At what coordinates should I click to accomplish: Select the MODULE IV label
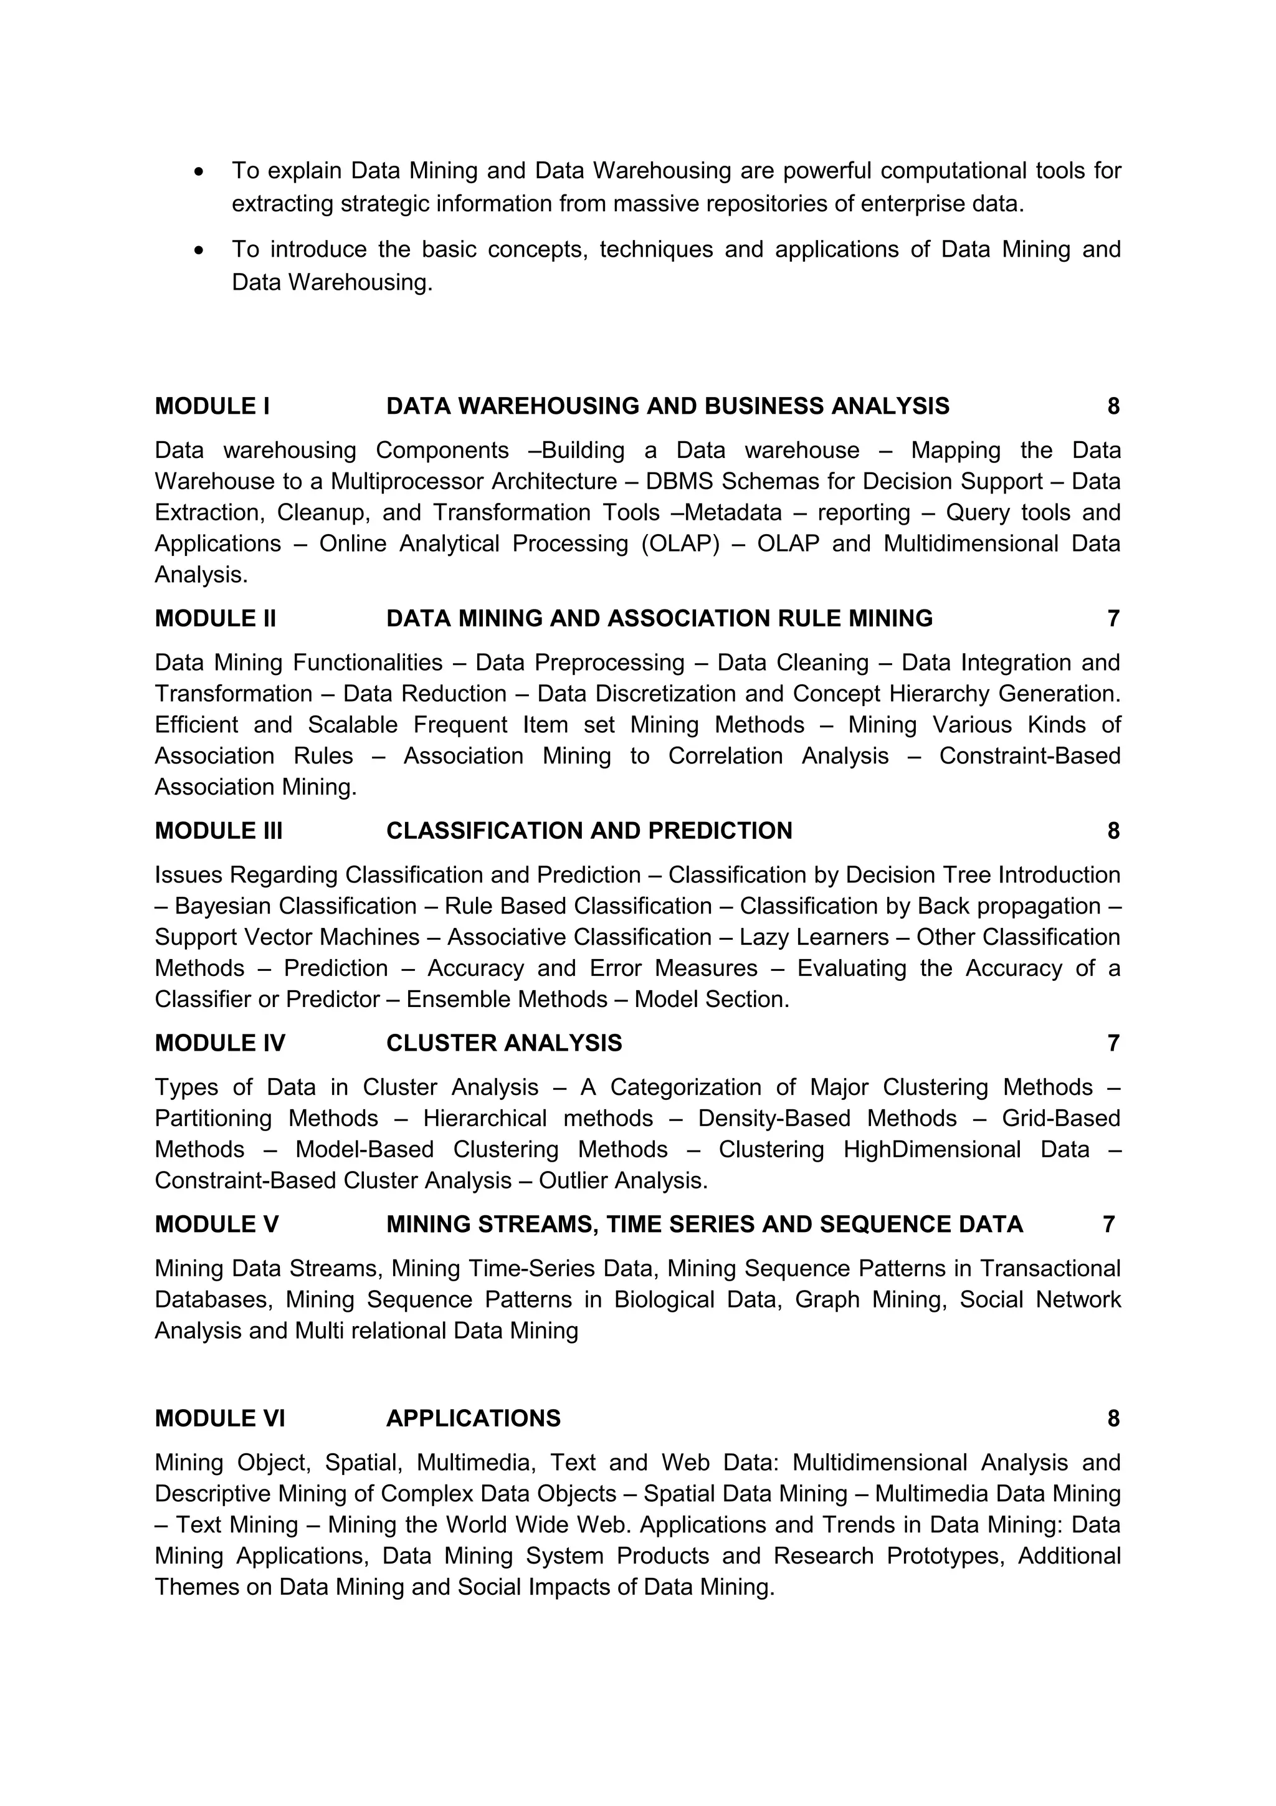(x=219, y=1043)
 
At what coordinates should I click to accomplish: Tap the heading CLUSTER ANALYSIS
(x=504, y=1043)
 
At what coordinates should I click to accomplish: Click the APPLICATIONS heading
(x=474, y=1418)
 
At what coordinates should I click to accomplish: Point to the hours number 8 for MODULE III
(x=1113, y=831)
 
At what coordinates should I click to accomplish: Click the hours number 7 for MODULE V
(x=1108, y=1225)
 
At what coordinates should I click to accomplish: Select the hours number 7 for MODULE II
(x=1113, y=618)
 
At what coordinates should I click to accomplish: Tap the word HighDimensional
(x=931, y=1149)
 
